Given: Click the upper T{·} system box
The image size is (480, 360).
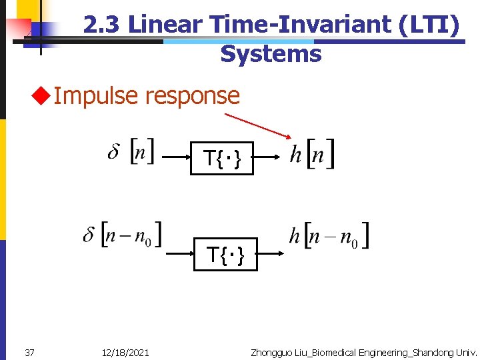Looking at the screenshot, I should tap(221, 159).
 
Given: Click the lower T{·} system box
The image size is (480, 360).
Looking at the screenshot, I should tap(225, 254).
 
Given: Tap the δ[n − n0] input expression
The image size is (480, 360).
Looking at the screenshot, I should tap(123, 235).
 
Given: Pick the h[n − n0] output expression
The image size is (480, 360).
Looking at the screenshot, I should tap(329, 235).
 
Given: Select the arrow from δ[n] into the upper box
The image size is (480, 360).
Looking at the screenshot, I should tap(175, 159).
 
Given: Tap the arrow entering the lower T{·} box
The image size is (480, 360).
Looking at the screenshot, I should tap(178, 254).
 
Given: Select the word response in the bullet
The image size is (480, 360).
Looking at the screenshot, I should tap(192, 96).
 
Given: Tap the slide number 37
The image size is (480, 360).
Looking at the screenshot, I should tap(29, 352).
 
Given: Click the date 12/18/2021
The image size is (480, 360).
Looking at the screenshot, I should tap(126, 352).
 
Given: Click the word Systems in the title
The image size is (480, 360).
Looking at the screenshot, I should tap(271, 53).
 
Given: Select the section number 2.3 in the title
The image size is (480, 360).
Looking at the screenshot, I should tap(102, 25).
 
